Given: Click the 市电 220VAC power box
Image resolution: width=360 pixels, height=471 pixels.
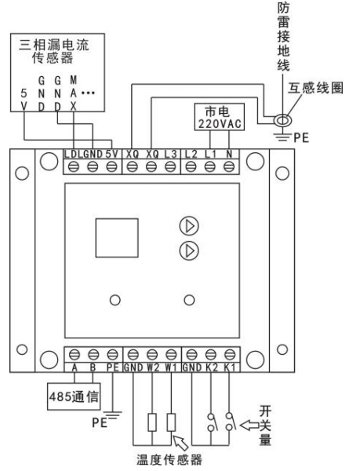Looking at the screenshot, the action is [x=220, y=117].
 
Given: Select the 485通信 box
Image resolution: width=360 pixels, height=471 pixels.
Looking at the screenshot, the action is [x=74, y=396].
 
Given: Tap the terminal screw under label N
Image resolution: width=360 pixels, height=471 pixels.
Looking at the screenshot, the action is [x=229, y=166].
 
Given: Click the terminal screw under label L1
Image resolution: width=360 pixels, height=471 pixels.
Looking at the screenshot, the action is [x=209, y=166].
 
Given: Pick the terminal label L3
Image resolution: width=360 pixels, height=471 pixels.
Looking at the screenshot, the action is [x=171, y=154].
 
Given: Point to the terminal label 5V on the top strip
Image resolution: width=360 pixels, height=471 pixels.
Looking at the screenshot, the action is [x=111, y=154].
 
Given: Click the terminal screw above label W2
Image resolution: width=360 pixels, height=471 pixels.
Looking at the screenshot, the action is [x=152, y=355].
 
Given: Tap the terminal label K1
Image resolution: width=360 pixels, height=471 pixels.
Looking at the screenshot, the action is [x=230, y=367].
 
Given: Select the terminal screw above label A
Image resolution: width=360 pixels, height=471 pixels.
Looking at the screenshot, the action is [x=74, y=355].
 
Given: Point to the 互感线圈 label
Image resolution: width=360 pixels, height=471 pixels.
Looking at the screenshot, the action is [x=315, y=88].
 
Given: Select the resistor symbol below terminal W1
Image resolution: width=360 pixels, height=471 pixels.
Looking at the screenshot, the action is [x=171, y=422].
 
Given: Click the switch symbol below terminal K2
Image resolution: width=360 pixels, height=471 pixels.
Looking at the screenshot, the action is [x=211, y=422].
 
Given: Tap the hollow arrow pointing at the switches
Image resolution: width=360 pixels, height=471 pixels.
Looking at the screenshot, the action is [x=249, y=425].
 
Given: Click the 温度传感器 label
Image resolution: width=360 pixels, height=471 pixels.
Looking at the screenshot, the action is [x=169, y=459].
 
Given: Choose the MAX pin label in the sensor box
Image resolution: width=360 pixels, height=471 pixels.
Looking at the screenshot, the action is [x=74, y=93].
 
